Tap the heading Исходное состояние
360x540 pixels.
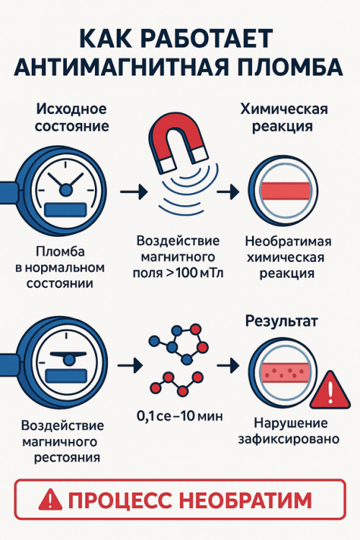point(72,117)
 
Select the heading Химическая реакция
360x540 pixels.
point(284,117)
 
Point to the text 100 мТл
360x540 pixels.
point(200,273)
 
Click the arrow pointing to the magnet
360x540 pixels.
point(133,191)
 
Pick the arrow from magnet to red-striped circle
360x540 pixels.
point(228,191)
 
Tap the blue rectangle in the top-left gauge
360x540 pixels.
point(65,210)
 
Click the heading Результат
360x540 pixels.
point(282,320)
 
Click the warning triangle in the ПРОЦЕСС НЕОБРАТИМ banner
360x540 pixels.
point(50,500)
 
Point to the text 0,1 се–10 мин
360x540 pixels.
point(180,416)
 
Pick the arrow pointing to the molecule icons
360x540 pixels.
point(130,365)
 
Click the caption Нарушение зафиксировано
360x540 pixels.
point(289,431)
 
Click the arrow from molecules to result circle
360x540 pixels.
point(228,365)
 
